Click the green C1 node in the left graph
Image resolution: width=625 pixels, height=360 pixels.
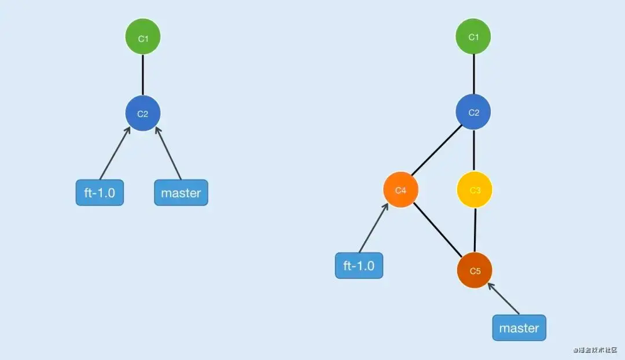143,36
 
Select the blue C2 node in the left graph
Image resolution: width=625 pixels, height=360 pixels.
143,113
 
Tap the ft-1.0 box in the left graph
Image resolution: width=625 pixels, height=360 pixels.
100,193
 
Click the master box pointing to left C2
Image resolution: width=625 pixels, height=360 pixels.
181,193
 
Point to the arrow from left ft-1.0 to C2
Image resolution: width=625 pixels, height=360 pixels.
115,153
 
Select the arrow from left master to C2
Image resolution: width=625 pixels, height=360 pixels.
168,153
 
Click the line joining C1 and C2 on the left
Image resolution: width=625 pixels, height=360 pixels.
143,75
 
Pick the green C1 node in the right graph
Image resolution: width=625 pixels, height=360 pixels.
473,36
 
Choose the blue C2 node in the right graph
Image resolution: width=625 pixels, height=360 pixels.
473,112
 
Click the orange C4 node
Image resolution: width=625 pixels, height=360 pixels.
400,190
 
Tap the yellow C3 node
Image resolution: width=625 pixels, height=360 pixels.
475,190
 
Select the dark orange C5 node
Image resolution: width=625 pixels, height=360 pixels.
475,270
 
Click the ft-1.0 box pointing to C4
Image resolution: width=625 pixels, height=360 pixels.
359,266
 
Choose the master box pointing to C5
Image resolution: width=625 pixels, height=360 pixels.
519,328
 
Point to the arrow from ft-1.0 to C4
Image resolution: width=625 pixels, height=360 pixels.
374,227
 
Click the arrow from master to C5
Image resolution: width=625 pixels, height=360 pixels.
503,299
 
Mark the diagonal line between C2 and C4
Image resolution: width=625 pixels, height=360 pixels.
436,150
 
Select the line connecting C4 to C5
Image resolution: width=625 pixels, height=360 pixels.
437,230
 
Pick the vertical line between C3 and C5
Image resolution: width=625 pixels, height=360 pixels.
475,230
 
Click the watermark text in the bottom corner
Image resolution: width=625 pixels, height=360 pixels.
595,350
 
